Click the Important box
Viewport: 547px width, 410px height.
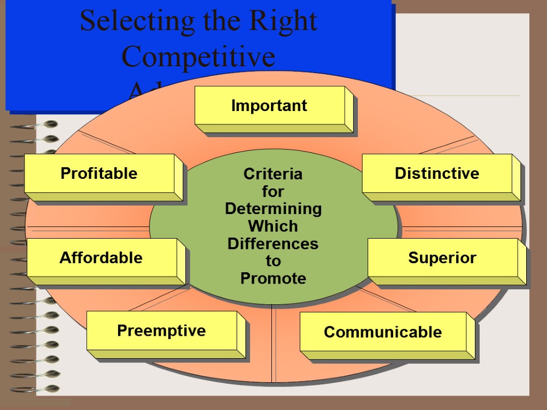(x=269, y=106)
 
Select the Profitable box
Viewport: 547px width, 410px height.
(x=99, y=174)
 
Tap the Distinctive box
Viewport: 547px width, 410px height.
(x=437, y=174)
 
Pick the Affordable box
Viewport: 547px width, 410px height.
(x=101, y=258)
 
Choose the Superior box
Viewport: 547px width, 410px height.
(x=442, y=258)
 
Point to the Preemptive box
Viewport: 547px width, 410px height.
(x=161, y=330)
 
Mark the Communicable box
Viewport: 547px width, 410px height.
(x=382, y=332)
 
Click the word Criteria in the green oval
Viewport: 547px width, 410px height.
(x=273, y=174)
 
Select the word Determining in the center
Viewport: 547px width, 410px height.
(x=273, y=208)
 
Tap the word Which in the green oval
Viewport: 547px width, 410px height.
(x=273, y=226)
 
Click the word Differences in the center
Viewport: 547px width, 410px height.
(x=273, y=243)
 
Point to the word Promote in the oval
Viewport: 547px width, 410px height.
(x=273, y=278)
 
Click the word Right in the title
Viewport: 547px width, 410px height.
(x=285, y=21)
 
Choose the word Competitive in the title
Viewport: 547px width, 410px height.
(x=199, y=57)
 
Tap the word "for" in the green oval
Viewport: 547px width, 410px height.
(x=273, y=191)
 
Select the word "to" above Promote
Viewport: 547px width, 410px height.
(x=273, y=261)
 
